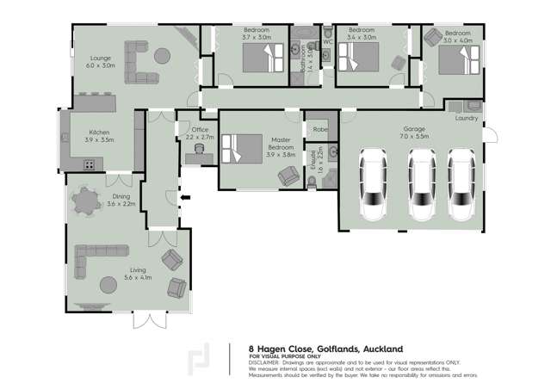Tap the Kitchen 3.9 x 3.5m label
(100, 136)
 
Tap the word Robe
(320, 129)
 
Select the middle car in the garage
(421, 186)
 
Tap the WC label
(328, 40)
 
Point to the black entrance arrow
(183, 199)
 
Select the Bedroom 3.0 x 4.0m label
(457, 36)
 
